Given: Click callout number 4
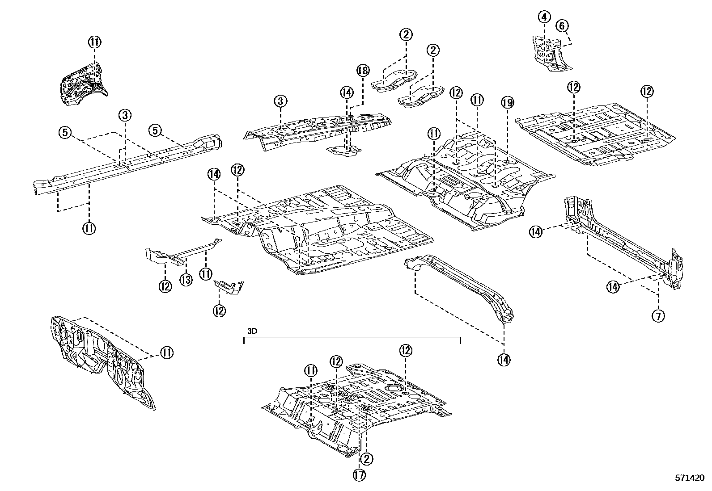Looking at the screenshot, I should point(544,17).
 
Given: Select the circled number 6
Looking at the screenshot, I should point(562,25).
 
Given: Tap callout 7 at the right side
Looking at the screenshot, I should point(658,316).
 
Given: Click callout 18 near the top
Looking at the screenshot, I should point(363,70).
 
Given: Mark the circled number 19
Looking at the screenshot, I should point(507,103).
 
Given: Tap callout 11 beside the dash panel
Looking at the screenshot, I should point(166,353).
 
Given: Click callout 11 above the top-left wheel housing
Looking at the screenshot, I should point(95,42).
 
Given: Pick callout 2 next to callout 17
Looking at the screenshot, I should point(367,459).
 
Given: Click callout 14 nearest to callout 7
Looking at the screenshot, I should point(613,286).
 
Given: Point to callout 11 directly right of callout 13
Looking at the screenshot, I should point(205,274).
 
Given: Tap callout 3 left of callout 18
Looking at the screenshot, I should point(280,101).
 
